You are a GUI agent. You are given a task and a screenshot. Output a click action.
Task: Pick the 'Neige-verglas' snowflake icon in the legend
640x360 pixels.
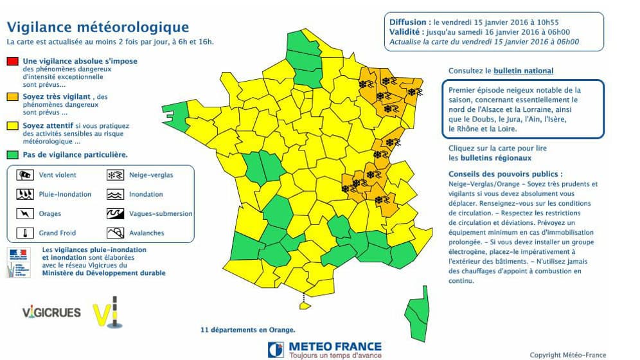[x=114, y=175]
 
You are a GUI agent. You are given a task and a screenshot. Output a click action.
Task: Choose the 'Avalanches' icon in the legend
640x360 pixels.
[x=114, y=233]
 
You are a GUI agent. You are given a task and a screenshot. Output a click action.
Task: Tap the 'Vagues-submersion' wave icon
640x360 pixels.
[x=114, y=213]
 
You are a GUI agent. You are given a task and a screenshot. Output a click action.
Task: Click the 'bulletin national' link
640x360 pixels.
[x=523, y=71]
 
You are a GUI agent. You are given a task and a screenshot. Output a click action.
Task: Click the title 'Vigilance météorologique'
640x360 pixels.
[x=98, y=27]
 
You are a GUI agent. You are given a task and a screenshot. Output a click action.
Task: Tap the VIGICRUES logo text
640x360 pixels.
[x=51, y=312]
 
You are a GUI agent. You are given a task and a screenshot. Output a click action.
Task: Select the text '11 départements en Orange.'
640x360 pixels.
[x=248, y=330]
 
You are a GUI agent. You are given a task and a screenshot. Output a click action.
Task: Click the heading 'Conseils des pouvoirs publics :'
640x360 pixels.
[x=506, y=174]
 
